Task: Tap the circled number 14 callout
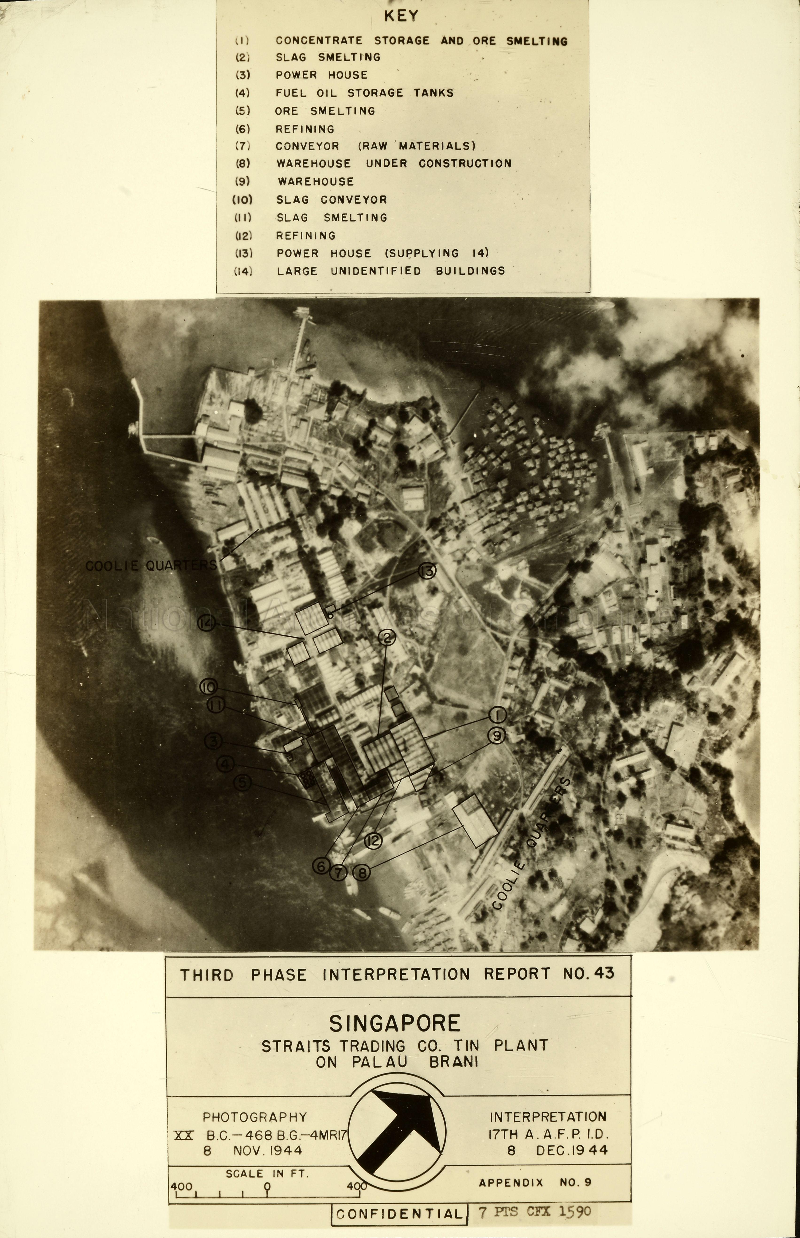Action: coord(207,623)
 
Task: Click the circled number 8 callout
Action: coord(362,872)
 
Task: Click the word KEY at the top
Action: coord(401,16)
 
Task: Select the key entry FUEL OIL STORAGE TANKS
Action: coord(364,93)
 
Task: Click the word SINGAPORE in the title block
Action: coord(395,1023)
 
